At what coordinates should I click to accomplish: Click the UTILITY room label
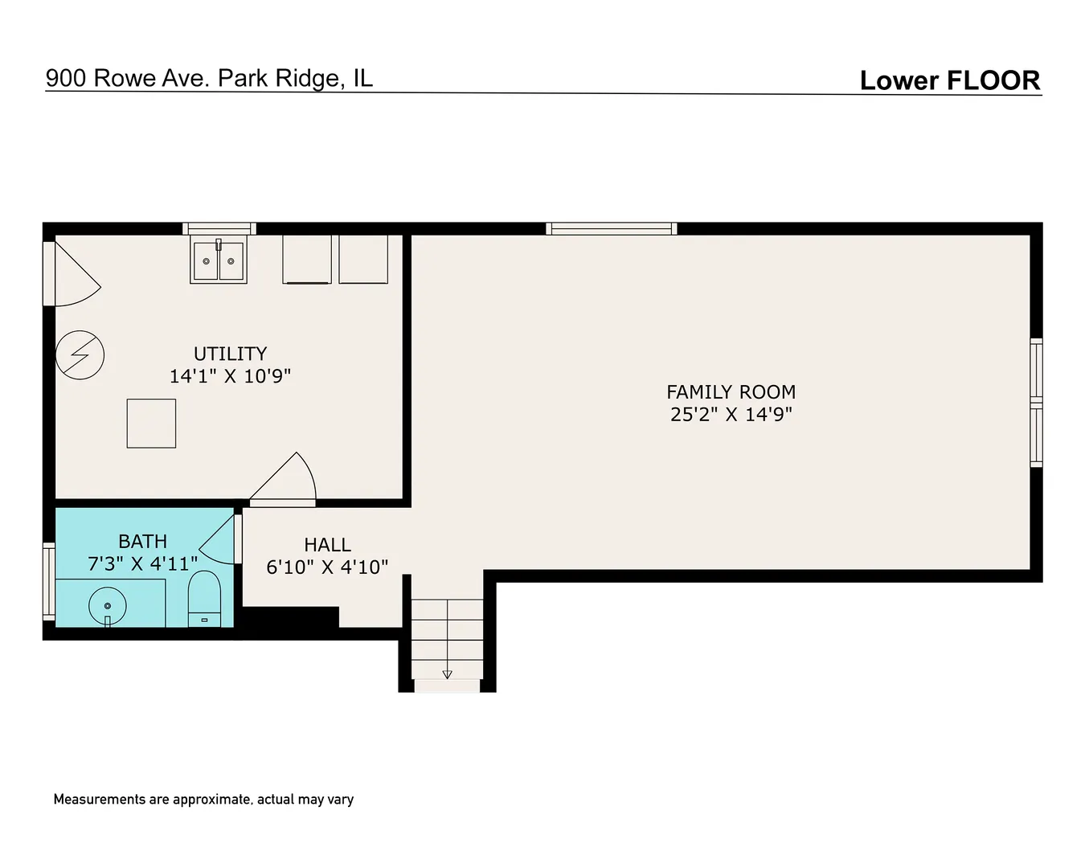tap(230, 354)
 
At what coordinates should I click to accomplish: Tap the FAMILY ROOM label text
tap(731, 392)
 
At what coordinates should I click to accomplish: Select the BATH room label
tap(143, 541)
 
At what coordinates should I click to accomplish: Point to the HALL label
tap(328, 545)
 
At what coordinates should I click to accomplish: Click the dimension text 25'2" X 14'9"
tap(731, 415)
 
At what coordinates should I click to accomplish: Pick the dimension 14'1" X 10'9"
tap(230, 376)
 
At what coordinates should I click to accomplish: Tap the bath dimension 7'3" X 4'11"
tap(143, 563)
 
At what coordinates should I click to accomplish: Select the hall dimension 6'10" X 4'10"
tap(327, 567)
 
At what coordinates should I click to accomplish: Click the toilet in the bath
tap(204, 600)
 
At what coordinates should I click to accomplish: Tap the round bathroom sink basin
tap(108, 606)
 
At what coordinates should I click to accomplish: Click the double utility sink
tap(219, 260)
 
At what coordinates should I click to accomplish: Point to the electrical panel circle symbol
tap(80, 355)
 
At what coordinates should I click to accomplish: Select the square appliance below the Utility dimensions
tap(151, 424)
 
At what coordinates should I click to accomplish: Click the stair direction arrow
tap(447, 674)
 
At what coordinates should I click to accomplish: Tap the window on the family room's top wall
tap(611, 229)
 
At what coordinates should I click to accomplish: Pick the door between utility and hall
tap(283, 479)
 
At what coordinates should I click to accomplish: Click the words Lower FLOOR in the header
tap(950, 80)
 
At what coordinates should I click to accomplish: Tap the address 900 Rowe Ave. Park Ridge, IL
tap(209, 78)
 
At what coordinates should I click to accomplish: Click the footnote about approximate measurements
tap(203, 800)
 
